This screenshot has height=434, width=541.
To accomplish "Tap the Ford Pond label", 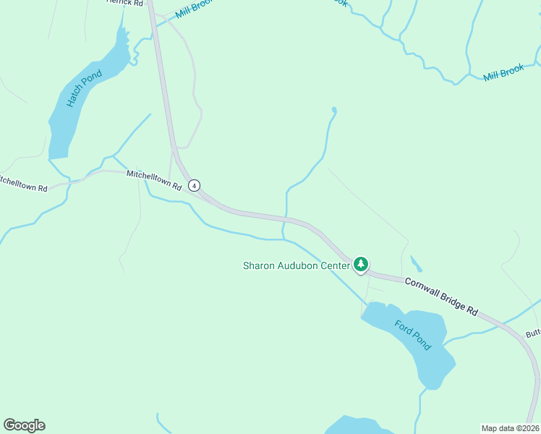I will pyautogui.click(x=413, y=335).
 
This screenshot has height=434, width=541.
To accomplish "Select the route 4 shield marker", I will pyautogui.click(x=194, y=186).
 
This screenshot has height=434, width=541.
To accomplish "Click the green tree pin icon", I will pyautogui.click(x=361, y=265).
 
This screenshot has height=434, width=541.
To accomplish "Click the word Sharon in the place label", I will pyautogui.click(x=257, y=265).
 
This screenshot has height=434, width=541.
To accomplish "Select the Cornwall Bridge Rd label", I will pyautogui.click(x=440, y=296).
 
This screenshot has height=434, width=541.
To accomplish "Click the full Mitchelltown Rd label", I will pyautogui.click(x=153, y=179).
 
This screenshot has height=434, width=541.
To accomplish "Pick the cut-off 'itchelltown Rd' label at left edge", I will pyautogui.click(x=23, y=183).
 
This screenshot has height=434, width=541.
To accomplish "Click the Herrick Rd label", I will pyautogui.click(x=124, y=3).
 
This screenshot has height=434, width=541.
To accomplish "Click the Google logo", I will pyautogui.click(x=24, y=425).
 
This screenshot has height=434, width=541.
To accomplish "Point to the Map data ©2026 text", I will pyautogui.click(x=510, y=428).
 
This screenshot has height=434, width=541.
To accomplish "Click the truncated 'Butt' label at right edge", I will pyautogui.click(x=533, y=333).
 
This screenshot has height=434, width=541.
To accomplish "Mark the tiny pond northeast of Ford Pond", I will pyautogui.click(x=416, y=263).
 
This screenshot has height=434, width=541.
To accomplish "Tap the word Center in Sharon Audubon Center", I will pyautogui.click(x=334, y=265).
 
